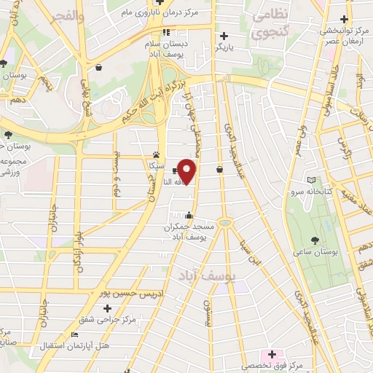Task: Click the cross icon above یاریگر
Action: point(224,36)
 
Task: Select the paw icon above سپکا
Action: point(156,155)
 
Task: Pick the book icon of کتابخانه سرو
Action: point(313,180)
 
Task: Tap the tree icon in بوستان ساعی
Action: point(314,240)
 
